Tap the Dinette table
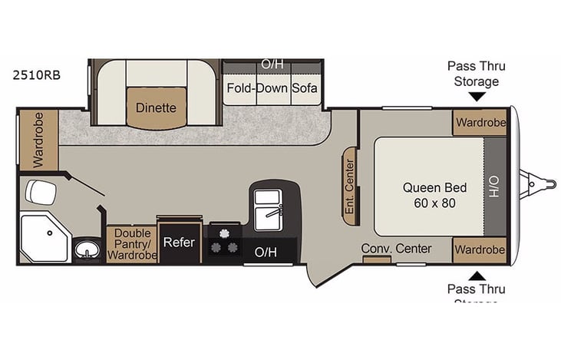click(x=157, y=108)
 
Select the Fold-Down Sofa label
click(x=272, y=88)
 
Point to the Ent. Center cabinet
click(x=350, y=187)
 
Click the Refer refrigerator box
click(x=180, y=243)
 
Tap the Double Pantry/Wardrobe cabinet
click(x=131, y=243)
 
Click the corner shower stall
click(x=43, y=237)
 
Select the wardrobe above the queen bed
click(x=479, y=122)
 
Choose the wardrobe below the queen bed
click(x=479, y=250)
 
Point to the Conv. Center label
click(x=396, y=249)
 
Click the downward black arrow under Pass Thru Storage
click(x=476, y=97)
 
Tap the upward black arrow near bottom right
click(x=476, y=276)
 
